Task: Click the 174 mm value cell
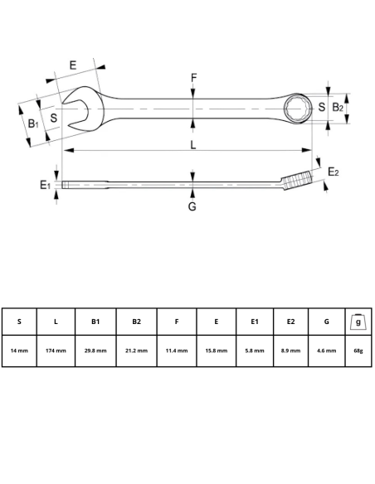pos(56,351)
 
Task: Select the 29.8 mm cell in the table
pos(95,351)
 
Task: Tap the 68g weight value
pos(358,351)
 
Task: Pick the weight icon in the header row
pos(358,321)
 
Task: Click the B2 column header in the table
pos(136,322)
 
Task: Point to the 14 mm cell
pos(18,351)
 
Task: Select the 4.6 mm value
pos(326,351)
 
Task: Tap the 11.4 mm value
pos(176,351)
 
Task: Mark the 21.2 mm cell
pos(136,351)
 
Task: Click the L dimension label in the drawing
pos(193,145)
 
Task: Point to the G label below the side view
pos(192,206)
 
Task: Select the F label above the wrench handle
pos(193,79)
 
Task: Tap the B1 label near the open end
pos(32,124)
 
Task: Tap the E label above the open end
pos(73,65)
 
